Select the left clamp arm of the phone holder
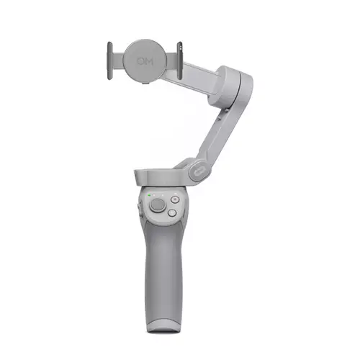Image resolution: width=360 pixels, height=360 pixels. pos(110,61)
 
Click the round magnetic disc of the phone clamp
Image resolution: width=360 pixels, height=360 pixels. pos(145,60)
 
